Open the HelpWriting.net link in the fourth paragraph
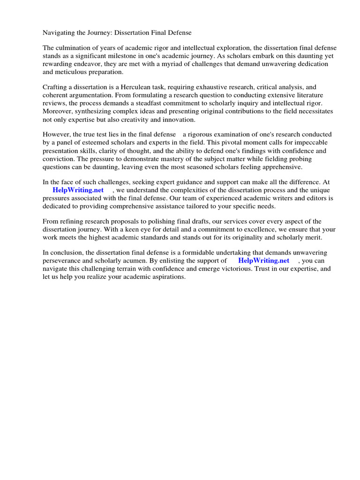pos(78,190)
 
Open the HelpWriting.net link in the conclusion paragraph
pos(263,261)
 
